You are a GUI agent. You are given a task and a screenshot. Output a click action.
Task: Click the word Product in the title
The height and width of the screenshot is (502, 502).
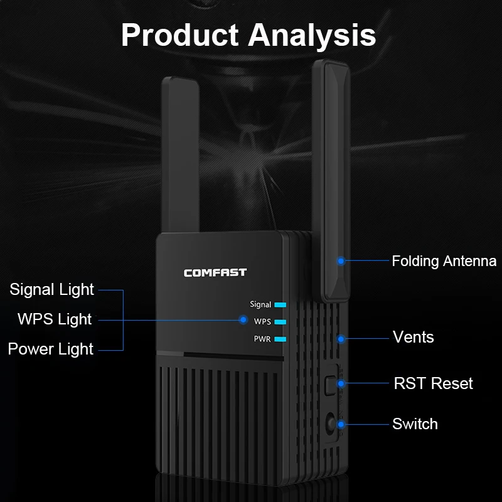tap(180, 35)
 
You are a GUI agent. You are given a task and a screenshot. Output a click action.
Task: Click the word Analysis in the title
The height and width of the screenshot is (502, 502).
tap(312, 36)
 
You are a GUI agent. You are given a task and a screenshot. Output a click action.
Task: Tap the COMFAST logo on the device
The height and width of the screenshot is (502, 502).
tap(215, 273)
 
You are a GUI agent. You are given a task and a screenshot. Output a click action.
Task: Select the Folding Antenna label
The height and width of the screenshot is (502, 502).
tap(444, 261)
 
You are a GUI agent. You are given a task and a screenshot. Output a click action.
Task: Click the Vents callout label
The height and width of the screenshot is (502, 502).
tap(414, 337)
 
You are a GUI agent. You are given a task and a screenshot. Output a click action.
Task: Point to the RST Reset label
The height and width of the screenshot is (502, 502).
tap(433, 383)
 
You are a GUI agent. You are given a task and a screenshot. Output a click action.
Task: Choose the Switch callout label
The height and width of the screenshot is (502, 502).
tap(415, 424)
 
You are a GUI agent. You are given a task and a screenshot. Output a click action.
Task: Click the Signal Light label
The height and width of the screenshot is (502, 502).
tap(51, 290)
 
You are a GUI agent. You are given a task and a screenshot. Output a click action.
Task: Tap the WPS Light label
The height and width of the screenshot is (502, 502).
tap(55, 319)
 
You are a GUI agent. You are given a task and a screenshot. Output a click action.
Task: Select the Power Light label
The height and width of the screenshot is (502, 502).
tap(51, 349)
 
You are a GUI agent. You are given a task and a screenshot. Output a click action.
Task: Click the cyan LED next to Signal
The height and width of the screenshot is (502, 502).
tap(280, 305)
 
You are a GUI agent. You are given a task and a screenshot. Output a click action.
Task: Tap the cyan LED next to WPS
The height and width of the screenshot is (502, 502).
tap(280, 322)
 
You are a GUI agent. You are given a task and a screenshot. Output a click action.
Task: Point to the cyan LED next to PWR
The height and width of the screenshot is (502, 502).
tap(280, 339)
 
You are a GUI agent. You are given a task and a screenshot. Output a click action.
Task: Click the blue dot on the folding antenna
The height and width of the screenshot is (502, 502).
tap(341, 261)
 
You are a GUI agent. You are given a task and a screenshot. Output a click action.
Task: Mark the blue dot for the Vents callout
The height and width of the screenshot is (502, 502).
tap(341, 339)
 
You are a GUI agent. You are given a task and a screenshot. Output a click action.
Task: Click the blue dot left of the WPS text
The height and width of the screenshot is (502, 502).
tap(243, 319)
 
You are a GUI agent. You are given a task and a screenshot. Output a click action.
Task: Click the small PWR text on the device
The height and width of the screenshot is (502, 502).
tap(262, 339)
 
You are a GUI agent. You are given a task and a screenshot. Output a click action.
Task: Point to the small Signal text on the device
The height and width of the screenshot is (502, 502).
tap(260, 304)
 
